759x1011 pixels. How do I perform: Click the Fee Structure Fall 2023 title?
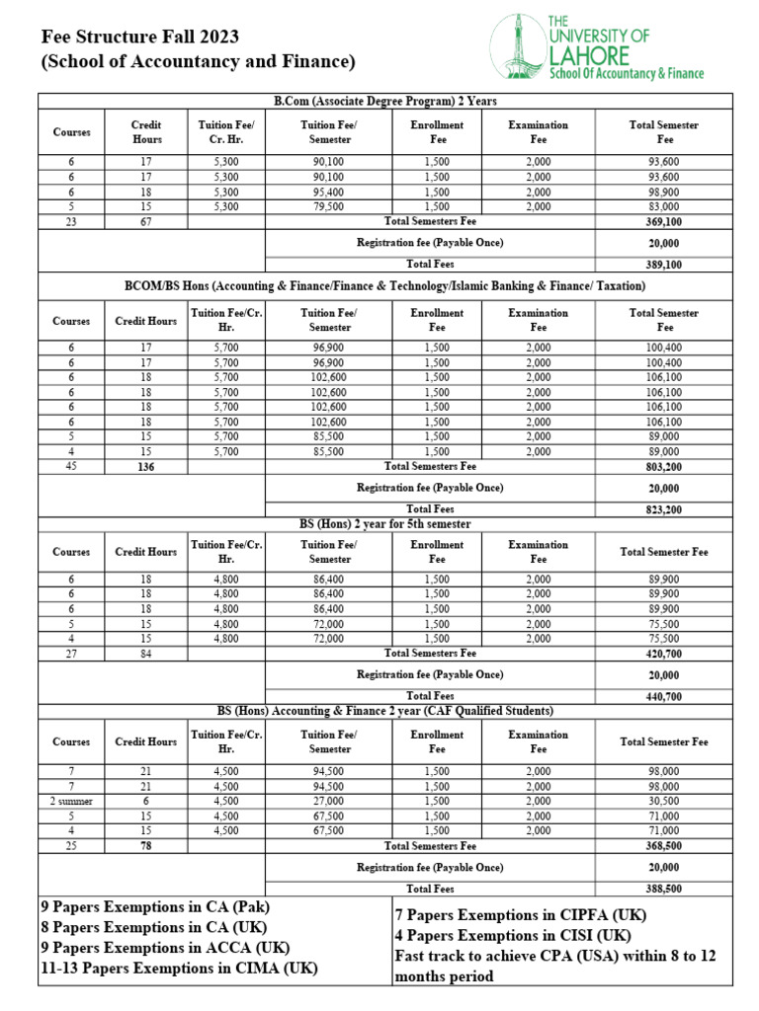coord(139,38)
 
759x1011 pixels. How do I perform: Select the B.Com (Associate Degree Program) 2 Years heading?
coord(385,102)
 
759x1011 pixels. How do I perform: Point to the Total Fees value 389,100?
coord(663,265)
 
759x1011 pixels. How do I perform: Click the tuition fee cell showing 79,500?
coord(328,206)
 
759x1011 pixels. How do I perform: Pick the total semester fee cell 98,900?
coord(663,192)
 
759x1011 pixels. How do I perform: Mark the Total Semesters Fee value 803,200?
coord(663,466)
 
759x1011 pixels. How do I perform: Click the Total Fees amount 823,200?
coord(663,509)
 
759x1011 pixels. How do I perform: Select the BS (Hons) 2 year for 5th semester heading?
coord(385,523)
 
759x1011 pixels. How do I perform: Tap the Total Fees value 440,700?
coord(663,696)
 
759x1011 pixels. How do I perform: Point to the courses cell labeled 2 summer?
coord(71,802)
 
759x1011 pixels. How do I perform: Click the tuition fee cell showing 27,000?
coord(328,802)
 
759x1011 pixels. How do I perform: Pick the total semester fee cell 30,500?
coord(663,802)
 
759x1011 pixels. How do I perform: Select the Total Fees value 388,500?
coord(663,889)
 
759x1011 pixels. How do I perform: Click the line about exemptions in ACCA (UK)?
coord(165,948)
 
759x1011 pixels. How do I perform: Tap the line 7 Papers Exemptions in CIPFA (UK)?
coord(514,915)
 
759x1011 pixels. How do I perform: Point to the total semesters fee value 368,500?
coord(663,846)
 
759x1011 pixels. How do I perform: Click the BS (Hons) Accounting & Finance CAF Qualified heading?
coord(385,711)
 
